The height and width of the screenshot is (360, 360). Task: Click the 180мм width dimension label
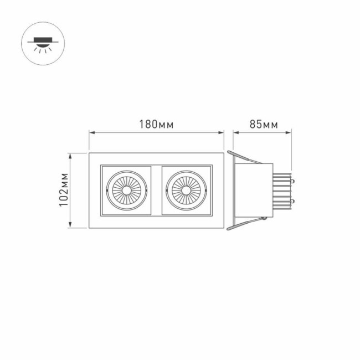coord(156,125)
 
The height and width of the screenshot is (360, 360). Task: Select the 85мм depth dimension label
coord(263,125)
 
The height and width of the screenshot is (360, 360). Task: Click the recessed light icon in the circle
coord(42,42)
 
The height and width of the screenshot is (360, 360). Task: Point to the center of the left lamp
coord(126,190)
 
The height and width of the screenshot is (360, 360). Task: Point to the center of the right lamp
coord(186,190)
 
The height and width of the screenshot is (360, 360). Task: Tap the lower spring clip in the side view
coord(244,223)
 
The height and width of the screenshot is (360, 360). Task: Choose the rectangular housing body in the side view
coord(253,190)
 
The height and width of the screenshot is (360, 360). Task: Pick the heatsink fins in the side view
coord(282,191)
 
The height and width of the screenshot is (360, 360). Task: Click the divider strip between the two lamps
coord(156,190)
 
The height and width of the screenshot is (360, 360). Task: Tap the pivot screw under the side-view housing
coord(264,218)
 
